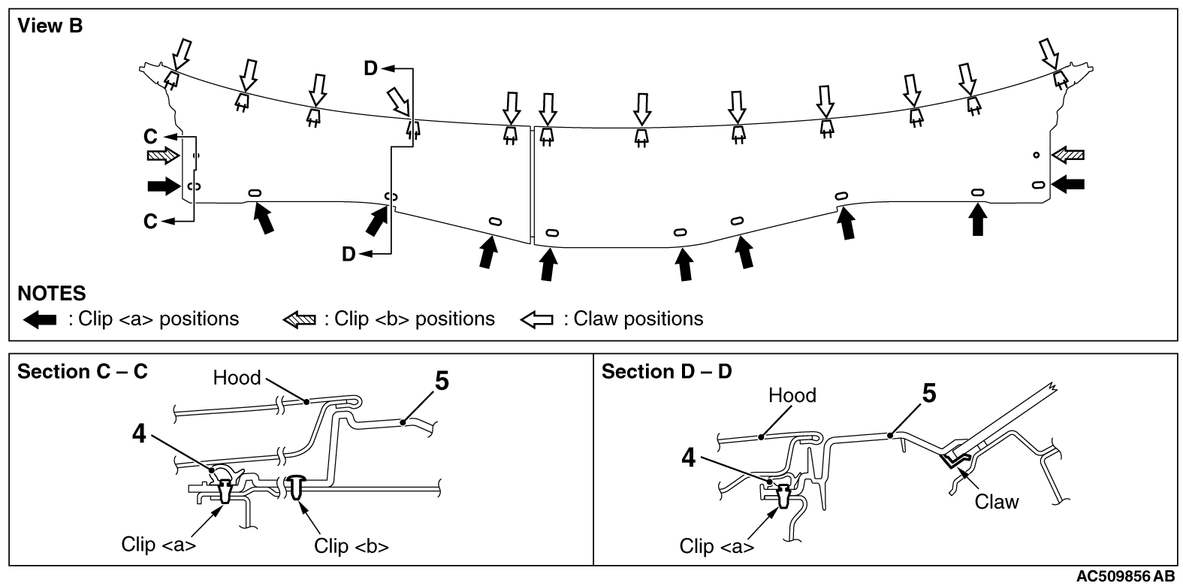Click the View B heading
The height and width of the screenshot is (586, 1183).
point(50,26)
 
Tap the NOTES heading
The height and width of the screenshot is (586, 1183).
point(51,292)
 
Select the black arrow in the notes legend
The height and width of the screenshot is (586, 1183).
point(40,320)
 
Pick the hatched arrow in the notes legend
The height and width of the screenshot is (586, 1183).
point(300,320)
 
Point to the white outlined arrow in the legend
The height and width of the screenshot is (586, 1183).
point(536,320)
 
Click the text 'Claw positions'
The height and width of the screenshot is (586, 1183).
point(638,319)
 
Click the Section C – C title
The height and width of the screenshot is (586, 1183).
point(83,372)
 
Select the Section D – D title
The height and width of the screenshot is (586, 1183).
point(666,372)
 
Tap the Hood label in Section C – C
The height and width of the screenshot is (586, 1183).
point(237,377)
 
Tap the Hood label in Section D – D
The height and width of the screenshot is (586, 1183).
point(792,395)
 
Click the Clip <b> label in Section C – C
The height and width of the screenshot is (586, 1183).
point(352,545)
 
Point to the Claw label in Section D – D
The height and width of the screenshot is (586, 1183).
point(996,501)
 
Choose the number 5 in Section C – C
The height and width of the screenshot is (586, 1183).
point(442,382)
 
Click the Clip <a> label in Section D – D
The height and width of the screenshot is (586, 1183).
point(717,546)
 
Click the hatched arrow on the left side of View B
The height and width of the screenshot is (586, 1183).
point(162,156)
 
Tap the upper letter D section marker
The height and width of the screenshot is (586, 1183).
point(371,69)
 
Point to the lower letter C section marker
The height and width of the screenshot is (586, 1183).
point(151,222)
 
